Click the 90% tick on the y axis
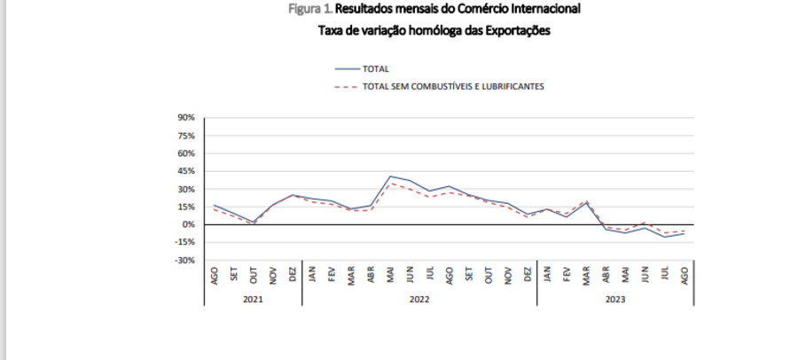tap(187, 118)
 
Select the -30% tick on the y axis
tap(185, 260)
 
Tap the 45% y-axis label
tap(187, 171)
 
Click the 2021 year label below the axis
tap(253, 299)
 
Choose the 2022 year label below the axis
tap(419, 299)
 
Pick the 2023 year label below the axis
tap(615, 299)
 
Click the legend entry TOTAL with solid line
tap(376, 68)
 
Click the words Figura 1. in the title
tap(312, 10)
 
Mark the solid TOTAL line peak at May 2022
tap(391, 176)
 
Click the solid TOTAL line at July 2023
tap(665, 237)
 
